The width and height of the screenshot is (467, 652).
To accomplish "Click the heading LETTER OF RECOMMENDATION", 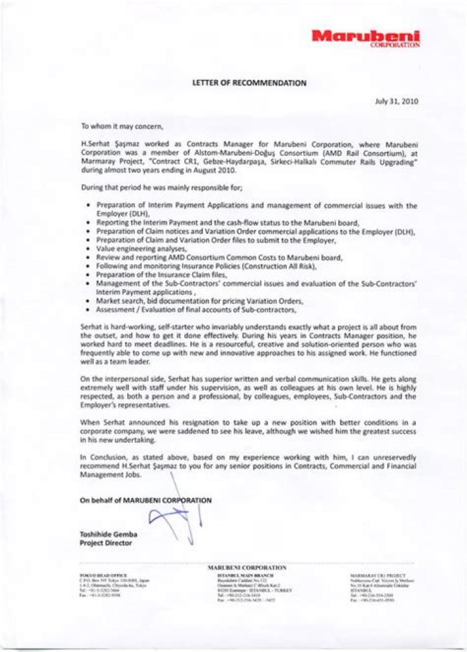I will point(250,83).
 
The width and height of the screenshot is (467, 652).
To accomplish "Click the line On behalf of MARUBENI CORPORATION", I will point(145,500).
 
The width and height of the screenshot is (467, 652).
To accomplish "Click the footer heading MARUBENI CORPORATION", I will point(247,568).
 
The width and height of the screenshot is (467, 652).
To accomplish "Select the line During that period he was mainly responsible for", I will point(162,188).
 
